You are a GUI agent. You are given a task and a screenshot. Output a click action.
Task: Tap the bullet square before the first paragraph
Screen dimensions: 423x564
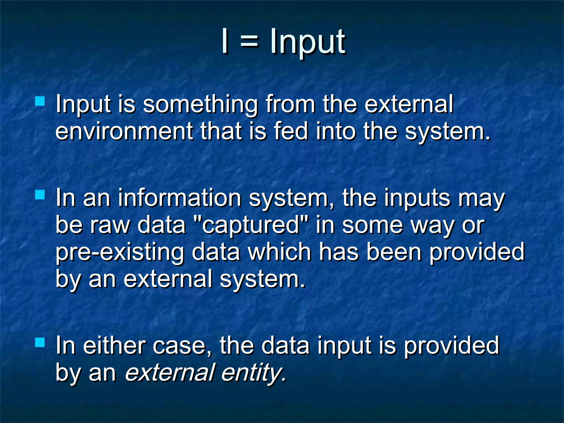click(40, 101)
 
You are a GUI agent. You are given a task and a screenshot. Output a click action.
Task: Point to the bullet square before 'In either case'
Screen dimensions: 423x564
click(40, 343)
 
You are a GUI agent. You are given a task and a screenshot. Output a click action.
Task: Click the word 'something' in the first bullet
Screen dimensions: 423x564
click(200, 105)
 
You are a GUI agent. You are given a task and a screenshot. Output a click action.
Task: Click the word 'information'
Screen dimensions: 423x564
click(180, 198)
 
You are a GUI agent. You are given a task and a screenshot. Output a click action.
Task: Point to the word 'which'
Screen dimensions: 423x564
click(279, 252)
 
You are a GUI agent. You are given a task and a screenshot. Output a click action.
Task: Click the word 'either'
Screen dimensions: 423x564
click(114, 346)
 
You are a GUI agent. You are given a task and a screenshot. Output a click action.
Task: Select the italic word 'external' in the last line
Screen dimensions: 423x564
click(169, 373)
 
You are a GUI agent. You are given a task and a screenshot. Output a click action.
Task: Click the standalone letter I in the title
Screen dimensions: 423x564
click(225, 42)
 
